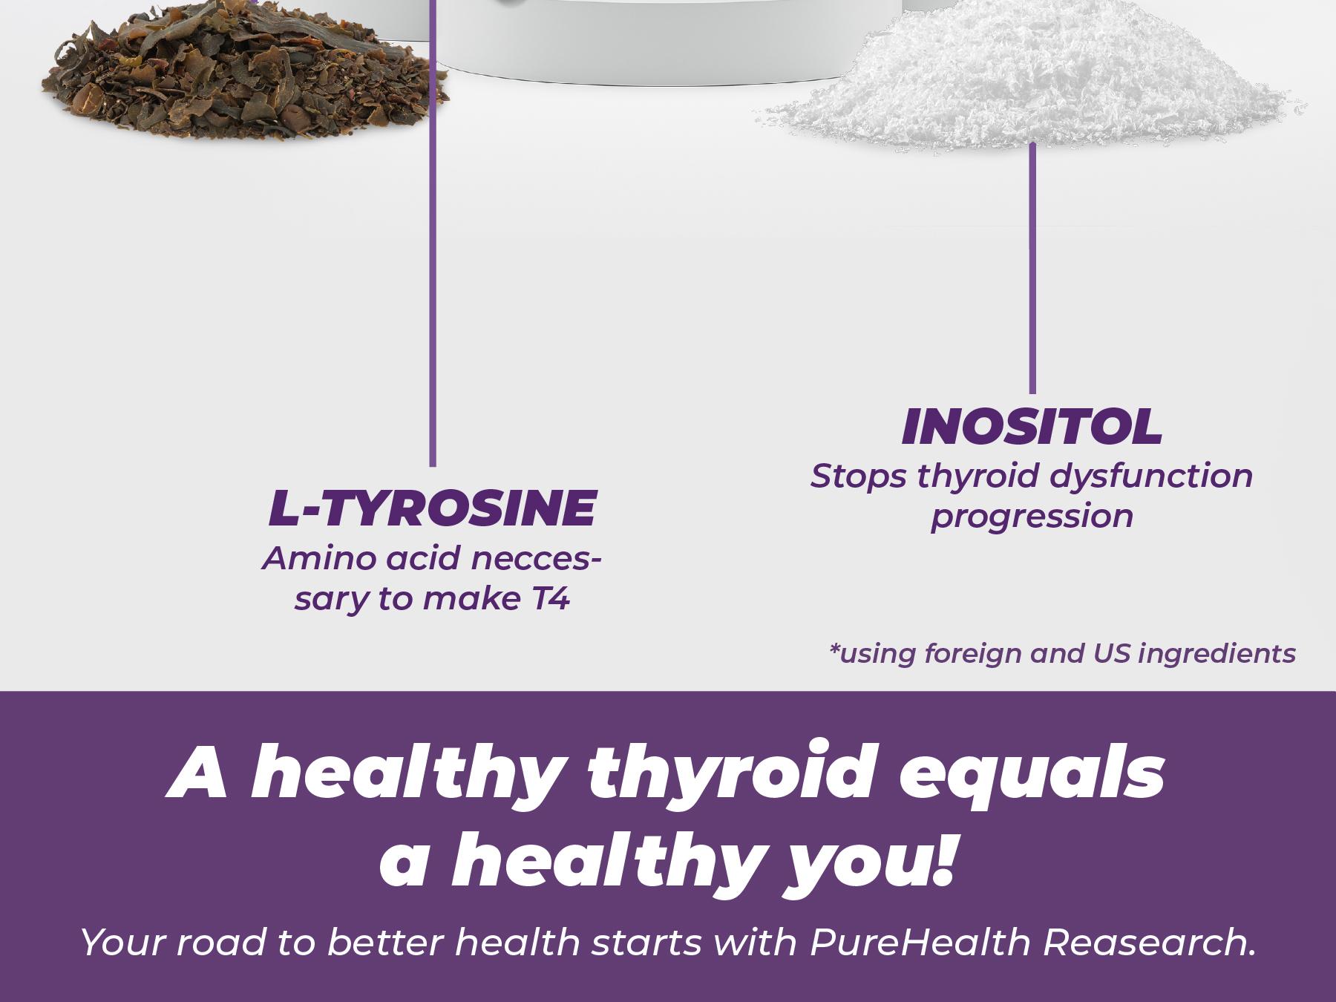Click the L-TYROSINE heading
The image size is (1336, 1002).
(x=432, y=509)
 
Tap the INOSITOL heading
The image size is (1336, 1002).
(x=1032, y=428)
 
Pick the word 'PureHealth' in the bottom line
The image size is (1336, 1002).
(x=920, y=943)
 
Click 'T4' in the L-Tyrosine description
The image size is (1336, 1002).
(x=551, y=599)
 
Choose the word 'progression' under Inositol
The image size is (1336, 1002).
(x=1032, y=517)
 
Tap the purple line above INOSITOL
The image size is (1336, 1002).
(x=1032, y=267)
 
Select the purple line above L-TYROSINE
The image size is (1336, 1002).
(x=433, y=297)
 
